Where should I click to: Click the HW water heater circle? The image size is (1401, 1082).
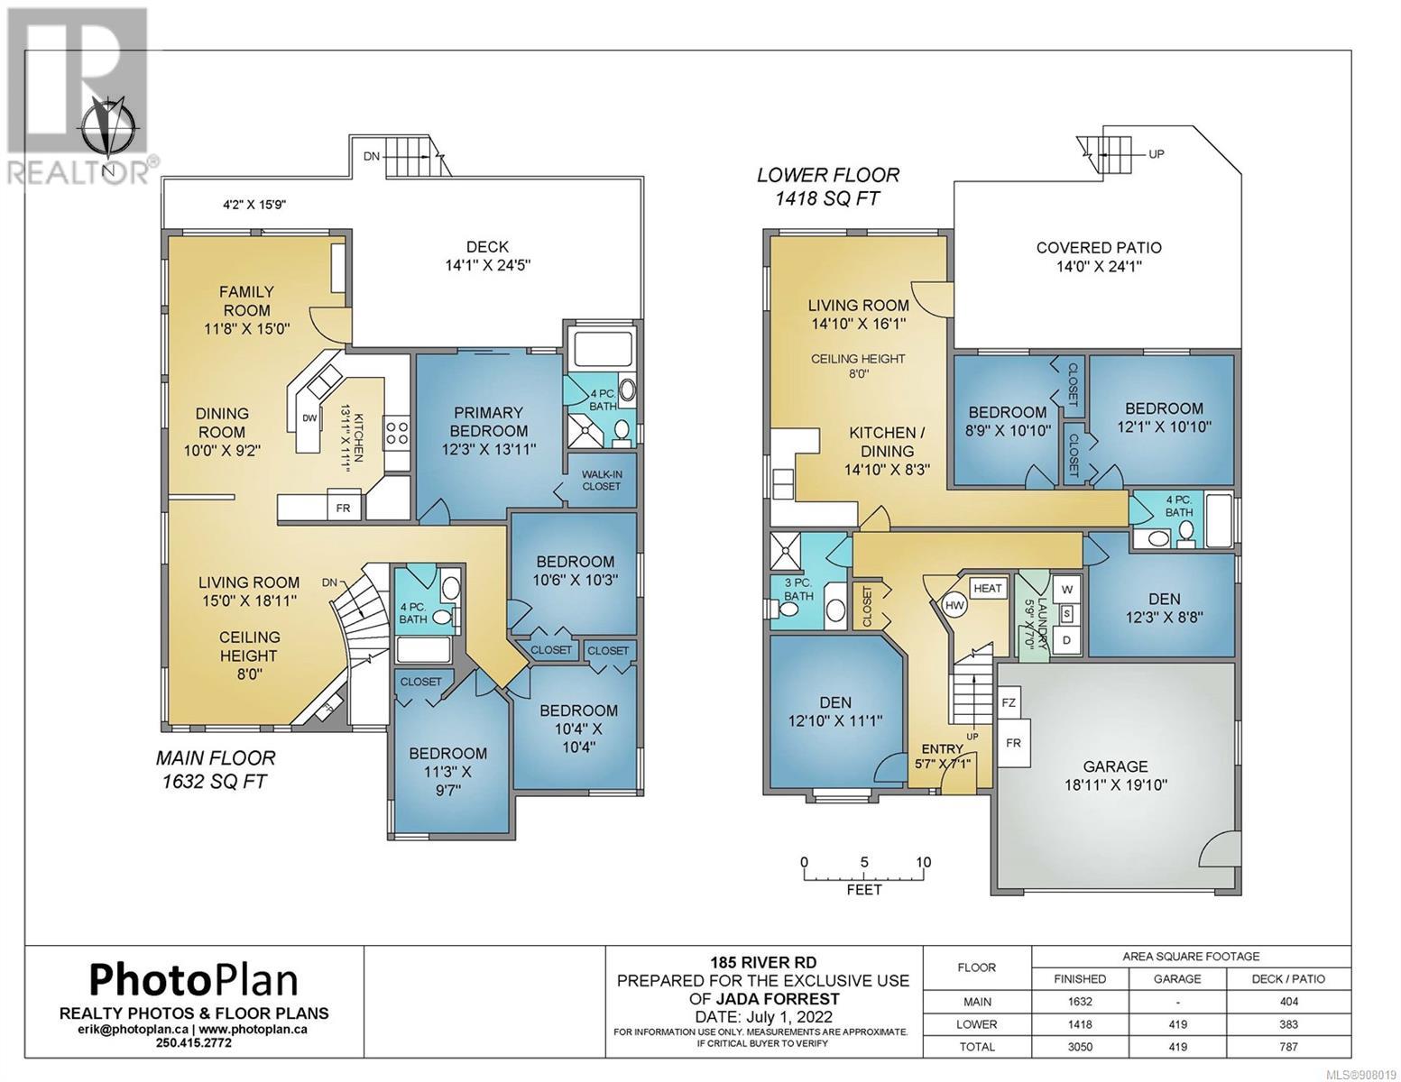(x=954, y=605)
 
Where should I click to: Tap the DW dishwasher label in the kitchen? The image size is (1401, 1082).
(x=309, y=417)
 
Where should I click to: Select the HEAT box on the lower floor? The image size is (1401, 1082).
(x=987, y=588)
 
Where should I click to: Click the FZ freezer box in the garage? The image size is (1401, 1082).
(x=1009, y=702)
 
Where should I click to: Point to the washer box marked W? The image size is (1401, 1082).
(x=1067, y=589)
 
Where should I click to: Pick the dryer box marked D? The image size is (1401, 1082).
(x=1067, y=640)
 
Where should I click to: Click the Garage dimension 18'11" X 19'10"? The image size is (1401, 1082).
(x=1115, y=785)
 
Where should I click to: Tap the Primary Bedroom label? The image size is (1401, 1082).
(x=489, y=421)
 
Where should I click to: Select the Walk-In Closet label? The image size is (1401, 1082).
(x=601, y=480)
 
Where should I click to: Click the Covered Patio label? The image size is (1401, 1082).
(x=1099, y=247)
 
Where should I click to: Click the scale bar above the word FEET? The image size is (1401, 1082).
(x=863, y=877)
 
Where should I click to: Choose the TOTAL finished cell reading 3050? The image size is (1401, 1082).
(x=1080, y=1047)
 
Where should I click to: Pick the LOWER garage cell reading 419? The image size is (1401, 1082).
(x=1177, y=1024)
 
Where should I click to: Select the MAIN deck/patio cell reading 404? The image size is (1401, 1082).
(x=1288, y=1002)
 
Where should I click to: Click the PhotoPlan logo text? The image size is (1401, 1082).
(x=193, y=981)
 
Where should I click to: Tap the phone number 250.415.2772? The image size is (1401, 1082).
(x=193, y=1042)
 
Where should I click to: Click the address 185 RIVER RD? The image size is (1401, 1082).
(x=763, y=962)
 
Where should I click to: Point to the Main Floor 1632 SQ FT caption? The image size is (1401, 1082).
(x=216, y=769)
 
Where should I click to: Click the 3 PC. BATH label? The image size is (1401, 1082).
(x=798, y=589)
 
